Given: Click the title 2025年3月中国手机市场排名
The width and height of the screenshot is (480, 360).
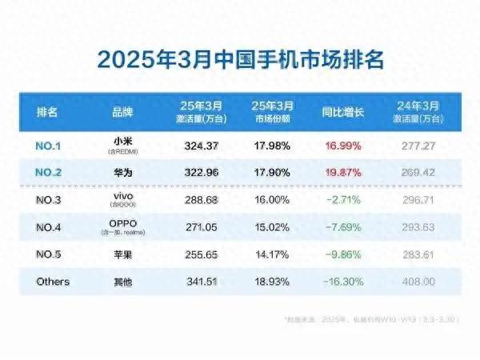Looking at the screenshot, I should pos(241,60).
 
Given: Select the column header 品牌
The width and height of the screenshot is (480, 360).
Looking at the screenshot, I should pos(122,112).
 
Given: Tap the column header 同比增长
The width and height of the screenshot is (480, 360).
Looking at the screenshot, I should pos(342,112).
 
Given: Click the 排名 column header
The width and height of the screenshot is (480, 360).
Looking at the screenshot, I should pos(47,112).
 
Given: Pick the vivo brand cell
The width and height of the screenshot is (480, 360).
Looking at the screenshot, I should pos(122,194).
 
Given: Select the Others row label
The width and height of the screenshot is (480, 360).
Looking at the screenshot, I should pos(54,282).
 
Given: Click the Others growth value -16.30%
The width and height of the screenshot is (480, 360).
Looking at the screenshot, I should pos(342,282).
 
